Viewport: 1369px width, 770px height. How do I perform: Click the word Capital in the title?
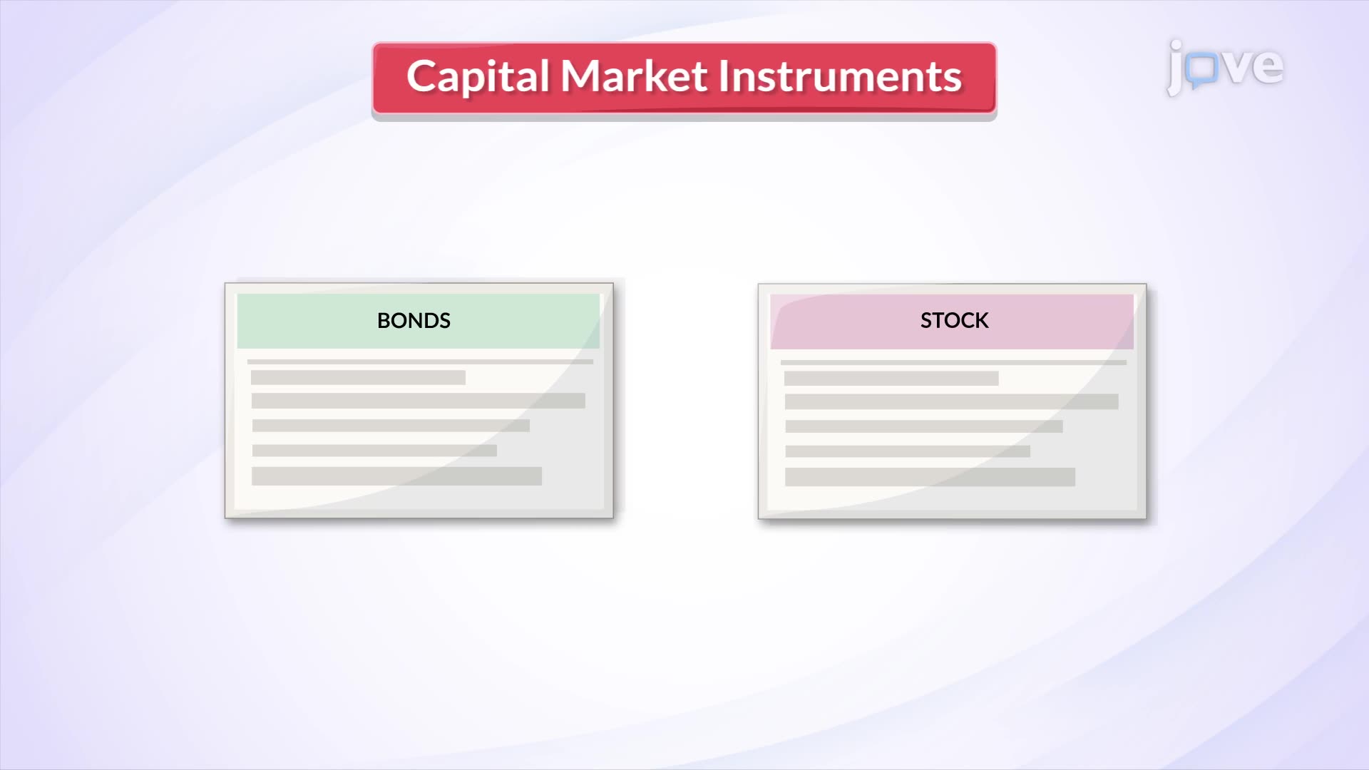point(478,77)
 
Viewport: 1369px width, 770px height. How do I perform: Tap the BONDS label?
point(414,321)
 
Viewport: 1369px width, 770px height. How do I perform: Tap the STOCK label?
point(954,321)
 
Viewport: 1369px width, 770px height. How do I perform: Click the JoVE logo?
point(1225,67)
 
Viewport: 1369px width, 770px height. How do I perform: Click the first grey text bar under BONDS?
point(358,377)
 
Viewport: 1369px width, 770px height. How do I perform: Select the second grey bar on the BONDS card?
point(418,401)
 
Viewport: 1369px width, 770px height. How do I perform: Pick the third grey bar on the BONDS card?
point(391,426)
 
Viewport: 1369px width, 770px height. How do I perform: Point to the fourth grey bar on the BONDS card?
point(374,451)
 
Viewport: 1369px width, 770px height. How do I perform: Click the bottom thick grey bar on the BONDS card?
point(396,476)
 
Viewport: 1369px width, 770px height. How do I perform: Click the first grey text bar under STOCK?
point(891,378)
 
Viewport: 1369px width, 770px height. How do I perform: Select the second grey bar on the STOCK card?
point(951,401)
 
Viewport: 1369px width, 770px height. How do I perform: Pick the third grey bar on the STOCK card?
point(924,426)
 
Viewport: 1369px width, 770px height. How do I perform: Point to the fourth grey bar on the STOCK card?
point(908,451)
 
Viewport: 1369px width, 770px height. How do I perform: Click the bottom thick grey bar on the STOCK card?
point(930,477)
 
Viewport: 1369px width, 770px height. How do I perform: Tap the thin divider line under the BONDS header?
point(420,361)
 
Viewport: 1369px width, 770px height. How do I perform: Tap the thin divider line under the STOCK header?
point(953,362)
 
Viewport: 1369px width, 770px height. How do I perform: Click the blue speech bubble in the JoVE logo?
point(1204,70)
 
